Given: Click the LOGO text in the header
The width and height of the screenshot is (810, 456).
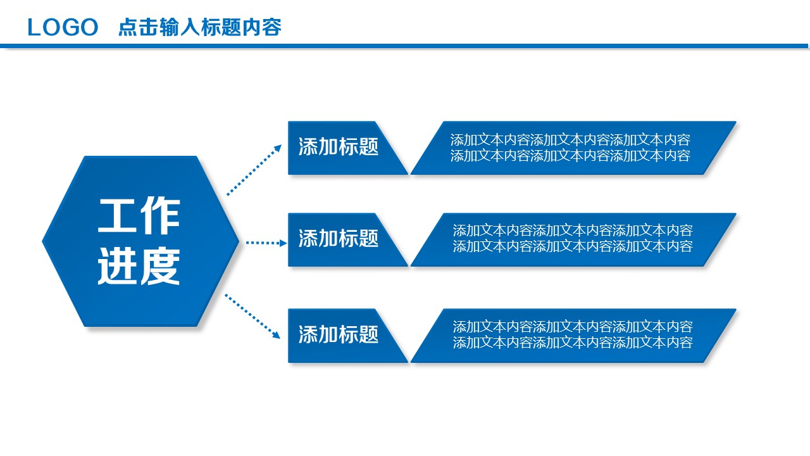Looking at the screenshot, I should [x=63, y=27].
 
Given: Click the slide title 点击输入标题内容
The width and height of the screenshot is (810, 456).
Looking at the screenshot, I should [x=200, y=27].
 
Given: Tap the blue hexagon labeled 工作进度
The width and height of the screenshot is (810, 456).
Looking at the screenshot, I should [x=140, y=241].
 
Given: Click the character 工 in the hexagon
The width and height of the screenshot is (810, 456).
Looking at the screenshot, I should [x=118, y=217].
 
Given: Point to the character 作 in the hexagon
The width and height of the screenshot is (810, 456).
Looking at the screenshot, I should [x=161, y=217].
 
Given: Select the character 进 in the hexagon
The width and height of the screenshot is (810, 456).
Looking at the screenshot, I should [x=118, y=266].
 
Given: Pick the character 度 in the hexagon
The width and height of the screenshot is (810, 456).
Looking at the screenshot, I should [x=161, y=266].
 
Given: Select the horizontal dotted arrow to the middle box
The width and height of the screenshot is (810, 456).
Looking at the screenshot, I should [x=266, y=243].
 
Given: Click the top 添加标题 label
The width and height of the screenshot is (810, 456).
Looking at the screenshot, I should [x=339, y=147].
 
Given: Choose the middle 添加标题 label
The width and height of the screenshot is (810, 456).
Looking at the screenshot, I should [x=339, y=239].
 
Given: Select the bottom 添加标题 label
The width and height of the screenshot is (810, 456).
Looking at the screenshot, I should [x=339, y=334].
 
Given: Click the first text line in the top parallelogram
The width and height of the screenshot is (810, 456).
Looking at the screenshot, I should [x=570, y=140].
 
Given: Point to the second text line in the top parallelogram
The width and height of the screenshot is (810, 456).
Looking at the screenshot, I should [x=570, y=156].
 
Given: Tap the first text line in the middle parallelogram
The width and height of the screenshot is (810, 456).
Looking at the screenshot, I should [x=573, y=231].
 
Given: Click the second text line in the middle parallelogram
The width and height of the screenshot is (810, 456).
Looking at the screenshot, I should [x=573, y=246].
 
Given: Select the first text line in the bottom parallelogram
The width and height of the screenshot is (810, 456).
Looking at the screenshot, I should [x=573, y=327].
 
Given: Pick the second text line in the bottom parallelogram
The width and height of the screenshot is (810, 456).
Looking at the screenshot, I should [x=573, y=343].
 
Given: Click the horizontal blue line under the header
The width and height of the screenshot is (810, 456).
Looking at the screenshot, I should [x=405, y=46].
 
